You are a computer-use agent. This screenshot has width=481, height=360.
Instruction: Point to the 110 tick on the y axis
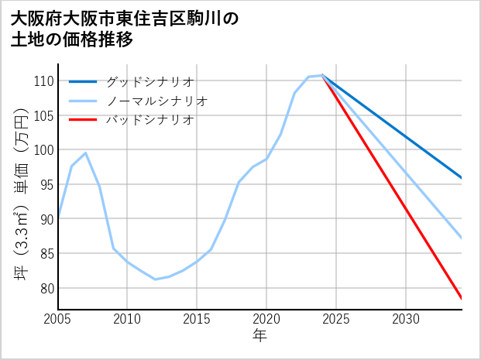click(43, 81)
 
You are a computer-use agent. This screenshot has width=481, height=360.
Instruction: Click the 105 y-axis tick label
click(43, 115)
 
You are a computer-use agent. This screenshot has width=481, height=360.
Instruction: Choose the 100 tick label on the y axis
click(43, 150)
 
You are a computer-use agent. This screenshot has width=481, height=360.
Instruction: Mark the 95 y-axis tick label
click(46, 184)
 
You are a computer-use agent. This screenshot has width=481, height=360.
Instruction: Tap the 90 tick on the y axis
click(46, 219)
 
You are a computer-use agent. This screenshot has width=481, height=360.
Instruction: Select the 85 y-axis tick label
click(46, 253)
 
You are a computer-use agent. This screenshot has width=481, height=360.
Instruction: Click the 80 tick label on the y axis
click(46, 288)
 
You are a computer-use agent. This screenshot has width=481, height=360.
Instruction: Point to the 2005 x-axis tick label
click(58, 319)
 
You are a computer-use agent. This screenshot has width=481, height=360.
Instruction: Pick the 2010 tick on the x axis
click(128, 319)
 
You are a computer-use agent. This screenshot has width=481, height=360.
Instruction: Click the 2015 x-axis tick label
click(198, 319)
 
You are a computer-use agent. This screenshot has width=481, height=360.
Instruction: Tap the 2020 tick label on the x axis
click(266, 319)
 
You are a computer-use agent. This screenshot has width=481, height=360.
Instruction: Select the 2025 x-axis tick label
click(336, 319)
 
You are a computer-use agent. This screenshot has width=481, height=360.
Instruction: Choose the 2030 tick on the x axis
click(406, 319)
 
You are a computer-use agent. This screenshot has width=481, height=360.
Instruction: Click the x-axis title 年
click(260, 336)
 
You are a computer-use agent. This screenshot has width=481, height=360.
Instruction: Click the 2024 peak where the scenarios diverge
click(322, 75)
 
